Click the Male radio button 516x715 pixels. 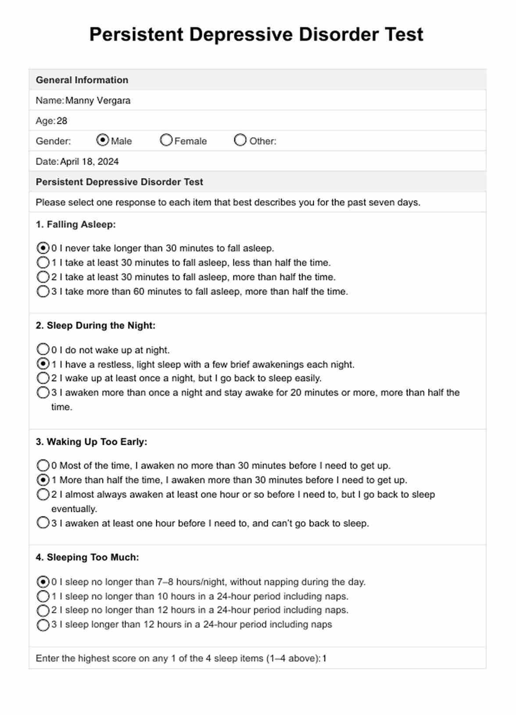point(102,140)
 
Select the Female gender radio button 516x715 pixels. point(166,140)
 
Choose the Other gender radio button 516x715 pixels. point(240,140)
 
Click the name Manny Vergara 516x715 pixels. point(98,100)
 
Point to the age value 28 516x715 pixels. point(62,121)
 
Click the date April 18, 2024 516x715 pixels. point(90,162)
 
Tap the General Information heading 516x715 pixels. point(82,80)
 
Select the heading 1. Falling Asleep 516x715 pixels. point(75,225)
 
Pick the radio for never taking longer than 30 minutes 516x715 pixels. point(43,248)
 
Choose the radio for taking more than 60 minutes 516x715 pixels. point(43,291)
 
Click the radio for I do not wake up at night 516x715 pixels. point(43,350)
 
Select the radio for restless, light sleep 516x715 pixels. point(43,364)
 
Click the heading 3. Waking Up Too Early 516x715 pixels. point(91,442)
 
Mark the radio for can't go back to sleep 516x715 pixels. point(43,523)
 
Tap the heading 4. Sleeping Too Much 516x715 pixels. point(87,558)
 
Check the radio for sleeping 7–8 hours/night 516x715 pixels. point(43,582)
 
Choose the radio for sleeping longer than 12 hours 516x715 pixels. point(43,625)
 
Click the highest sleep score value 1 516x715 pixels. point(324,658)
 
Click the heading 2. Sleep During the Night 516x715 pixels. point(96,325)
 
